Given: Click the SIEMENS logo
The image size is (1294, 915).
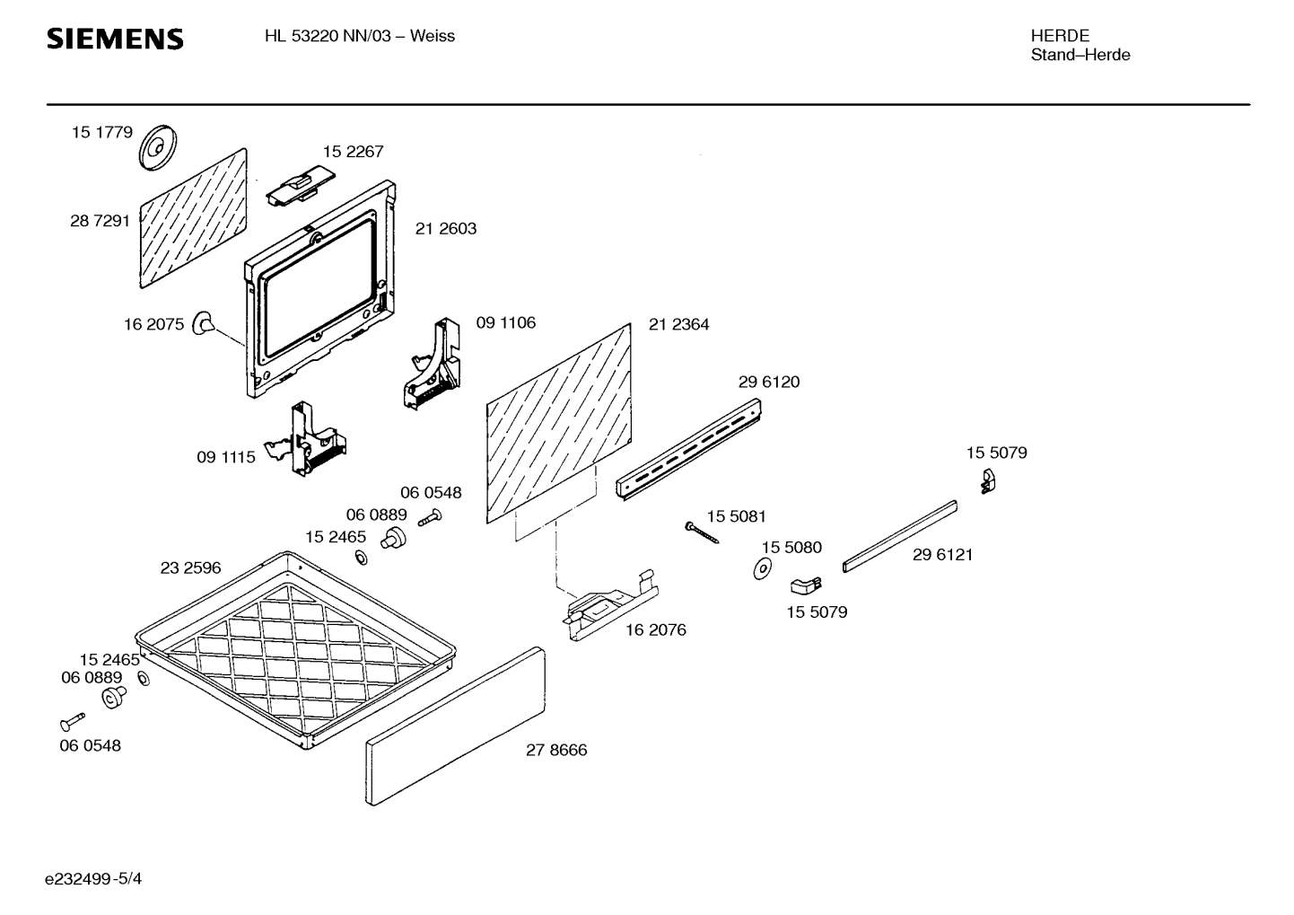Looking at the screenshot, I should tap(115, 39).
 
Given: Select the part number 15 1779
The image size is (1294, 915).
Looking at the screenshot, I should tap(102, 132).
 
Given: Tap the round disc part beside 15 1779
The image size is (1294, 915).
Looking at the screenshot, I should tap(158, 146).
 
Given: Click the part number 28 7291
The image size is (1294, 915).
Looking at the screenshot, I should tap(101, 221).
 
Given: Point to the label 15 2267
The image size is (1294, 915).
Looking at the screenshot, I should tap(353, 152).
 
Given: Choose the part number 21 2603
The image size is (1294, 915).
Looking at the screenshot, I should tap(446, 229).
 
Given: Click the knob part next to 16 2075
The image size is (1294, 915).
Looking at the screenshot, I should tap(205, 322).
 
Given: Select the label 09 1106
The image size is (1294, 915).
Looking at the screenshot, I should tap(505, 322).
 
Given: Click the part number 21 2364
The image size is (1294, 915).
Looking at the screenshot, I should tap(678, 324).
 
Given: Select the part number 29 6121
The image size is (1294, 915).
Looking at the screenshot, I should tap(942, 555).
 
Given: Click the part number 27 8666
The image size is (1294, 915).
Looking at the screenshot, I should tap(556, 750).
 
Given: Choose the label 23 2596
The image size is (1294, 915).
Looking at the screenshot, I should tap(190, 568).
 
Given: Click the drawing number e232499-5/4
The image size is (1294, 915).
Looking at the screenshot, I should tap(93, 878).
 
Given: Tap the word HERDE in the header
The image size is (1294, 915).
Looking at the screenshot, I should tap(1060, 36).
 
